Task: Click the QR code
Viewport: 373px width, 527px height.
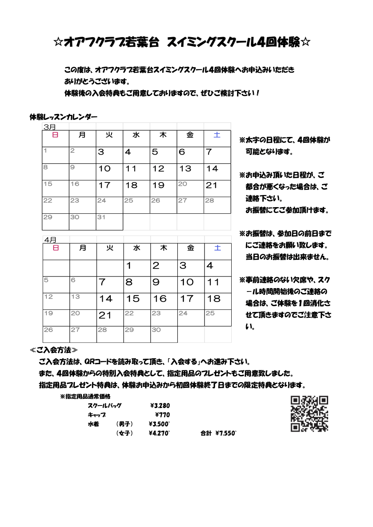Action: point(309,413)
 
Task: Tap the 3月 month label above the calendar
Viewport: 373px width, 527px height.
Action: point(49,127)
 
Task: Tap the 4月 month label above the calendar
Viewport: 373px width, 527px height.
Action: point(50,240)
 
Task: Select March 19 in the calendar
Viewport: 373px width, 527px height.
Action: point(158,185)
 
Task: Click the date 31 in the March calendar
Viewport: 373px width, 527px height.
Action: point(102,217)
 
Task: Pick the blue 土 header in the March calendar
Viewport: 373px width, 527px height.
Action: point(217,135)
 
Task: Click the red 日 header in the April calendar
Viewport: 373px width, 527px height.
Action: point(56,248)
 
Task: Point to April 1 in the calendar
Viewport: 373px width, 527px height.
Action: point(129,266)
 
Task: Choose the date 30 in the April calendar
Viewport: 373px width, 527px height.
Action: point(156,330)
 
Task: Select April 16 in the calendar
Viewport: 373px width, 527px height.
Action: point(160,299)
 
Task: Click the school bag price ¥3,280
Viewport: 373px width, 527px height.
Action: point(160,405)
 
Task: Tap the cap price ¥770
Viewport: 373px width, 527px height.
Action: point(162,415)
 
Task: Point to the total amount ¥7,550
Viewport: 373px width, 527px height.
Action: point(226,433)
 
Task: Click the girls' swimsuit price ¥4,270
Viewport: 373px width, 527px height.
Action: point(159,433)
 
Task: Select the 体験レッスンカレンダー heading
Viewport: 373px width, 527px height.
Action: point(64,117)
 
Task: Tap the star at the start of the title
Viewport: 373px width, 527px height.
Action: point(59,42)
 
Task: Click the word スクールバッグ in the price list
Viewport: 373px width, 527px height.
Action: point(105,405)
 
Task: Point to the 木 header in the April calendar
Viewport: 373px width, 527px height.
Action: point(164,248)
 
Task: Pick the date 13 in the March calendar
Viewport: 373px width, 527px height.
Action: point(185,169)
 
